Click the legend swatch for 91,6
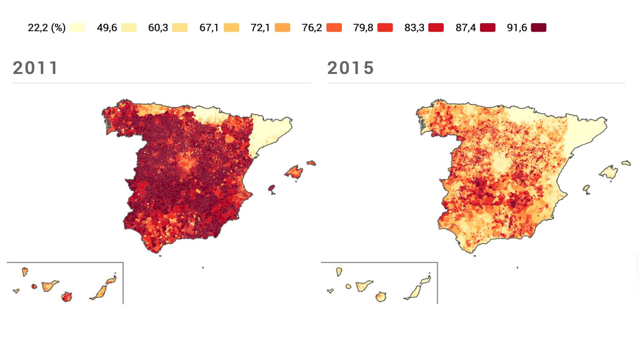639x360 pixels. [538, 28]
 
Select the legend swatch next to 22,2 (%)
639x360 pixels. [77, 28]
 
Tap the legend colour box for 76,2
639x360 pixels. [334, 28]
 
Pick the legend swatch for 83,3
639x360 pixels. [436, 28]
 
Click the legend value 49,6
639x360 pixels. [107, 28]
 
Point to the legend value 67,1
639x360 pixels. [209, 28]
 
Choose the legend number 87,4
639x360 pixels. [465, 28]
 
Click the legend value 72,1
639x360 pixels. [260, 28]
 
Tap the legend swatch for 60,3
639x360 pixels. [180, 28]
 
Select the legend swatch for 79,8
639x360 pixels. [385, 28]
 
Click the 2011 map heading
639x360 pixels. [36, 68]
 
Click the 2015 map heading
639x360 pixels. [351, 68]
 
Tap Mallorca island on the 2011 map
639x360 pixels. [295, 172]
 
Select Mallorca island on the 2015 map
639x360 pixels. [609, 173]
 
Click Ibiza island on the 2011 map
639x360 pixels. [272, 188]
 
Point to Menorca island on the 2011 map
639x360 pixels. [311, 163]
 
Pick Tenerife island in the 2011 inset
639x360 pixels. [50, 286]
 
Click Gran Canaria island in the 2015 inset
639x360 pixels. [381, 297]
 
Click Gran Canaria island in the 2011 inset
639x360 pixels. [67, 297]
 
